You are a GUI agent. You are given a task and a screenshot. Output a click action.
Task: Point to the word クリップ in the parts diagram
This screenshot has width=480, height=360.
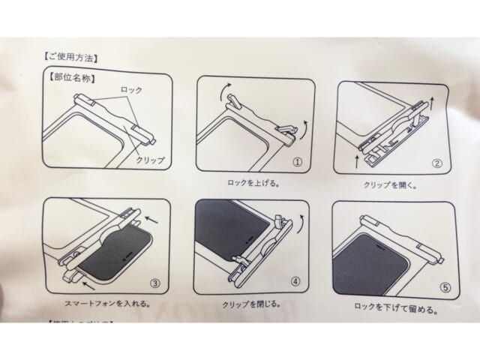click(149, 160)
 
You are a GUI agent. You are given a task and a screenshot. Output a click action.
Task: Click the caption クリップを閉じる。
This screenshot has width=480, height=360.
click(251, 306)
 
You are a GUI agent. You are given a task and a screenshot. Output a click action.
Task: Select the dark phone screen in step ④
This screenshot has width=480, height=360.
click(229, 232)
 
